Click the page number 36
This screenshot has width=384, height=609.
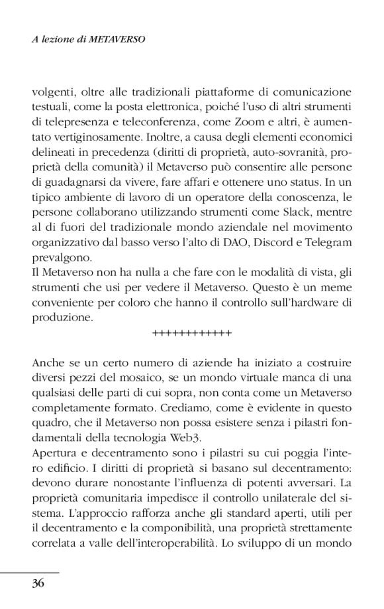pos(38,584)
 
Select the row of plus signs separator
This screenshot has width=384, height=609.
pos(191,333)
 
